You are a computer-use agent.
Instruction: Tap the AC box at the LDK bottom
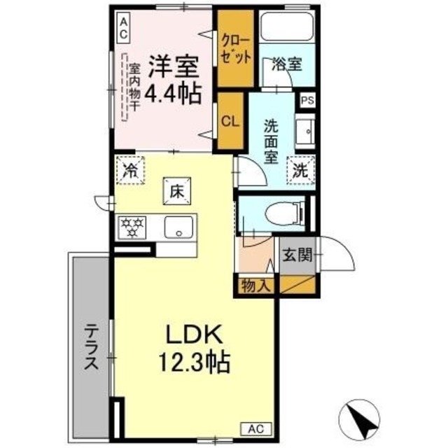point(255,428)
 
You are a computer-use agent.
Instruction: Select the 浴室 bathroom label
point(286,64)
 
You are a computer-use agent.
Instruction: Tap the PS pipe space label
point(307,101)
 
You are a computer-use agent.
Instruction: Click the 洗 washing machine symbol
point(301,169)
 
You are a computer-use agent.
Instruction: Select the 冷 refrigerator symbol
point(130,169)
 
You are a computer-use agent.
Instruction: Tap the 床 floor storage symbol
point(174,189)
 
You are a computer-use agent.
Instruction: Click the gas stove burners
point(133,226)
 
